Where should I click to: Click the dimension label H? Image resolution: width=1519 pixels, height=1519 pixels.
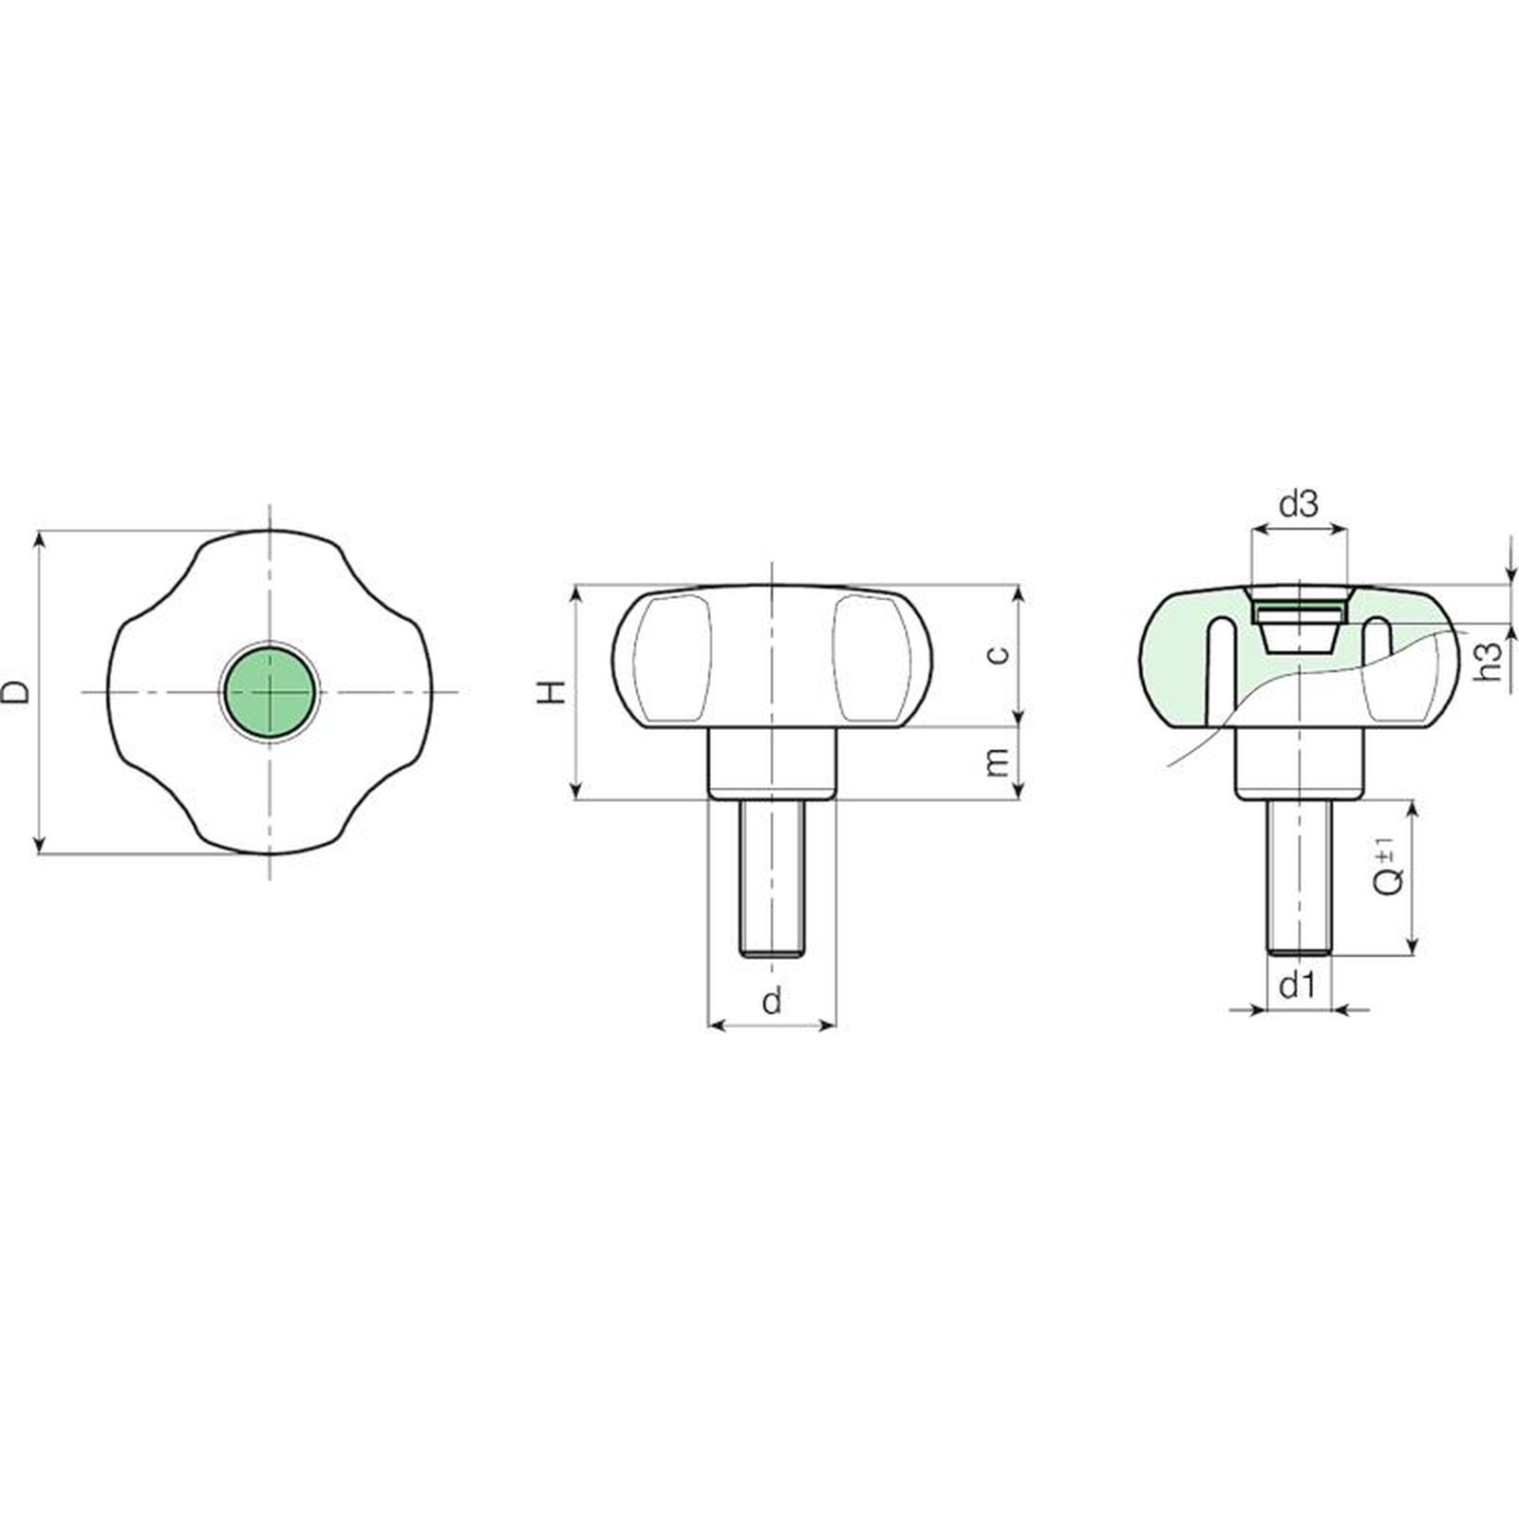(x=553, y=692)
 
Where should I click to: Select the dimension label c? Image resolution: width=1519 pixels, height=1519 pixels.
(x=997, y=654)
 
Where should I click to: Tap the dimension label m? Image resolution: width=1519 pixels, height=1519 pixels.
(x=997, y=761)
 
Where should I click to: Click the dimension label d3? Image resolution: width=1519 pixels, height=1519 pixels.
(x=1299, y=504)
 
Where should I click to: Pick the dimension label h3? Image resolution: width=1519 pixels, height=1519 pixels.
(x=1491, y=661)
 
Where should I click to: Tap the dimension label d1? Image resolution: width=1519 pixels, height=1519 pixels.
(x=1298, y=986)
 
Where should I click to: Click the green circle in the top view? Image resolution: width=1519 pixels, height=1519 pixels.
(x=271, y=691)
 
